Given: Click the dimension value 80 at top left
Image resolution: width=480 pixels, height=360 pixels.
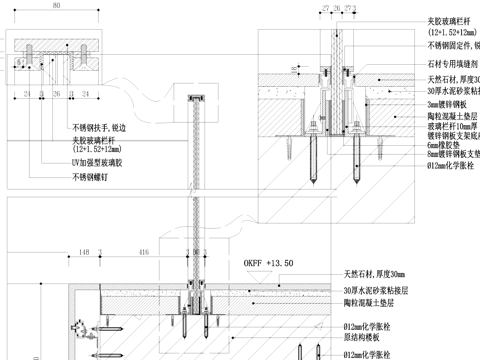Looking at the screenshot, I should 57,6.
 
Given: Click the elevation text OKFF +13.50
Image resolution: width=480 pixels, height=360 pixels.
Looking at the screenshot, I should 268,262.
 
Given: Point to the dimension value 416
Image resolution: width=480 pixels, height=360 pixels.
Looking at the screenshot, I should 145,253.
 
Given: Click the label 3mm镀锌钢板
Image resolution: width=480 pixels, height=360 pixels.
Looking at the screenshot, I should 451,103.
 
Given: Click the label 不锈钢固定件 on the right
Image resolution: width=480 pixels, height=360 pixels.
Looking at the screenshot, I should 452,45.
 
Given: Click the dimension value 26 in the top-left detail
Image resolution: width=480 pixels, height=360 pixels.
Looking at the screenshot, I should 57,94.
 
